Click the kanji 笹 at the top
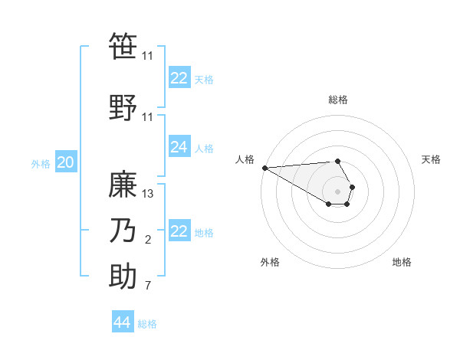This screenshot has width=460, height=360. [x=123, y=47]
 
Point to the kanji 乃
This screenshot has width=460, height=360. [x=123, y=231]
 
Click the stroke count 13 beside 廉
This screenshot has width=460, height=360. [x=149, y=194]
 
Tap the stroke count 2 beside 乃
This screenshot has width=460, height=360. [x=148, y=241]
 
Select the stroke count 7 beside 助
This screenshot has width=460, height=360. [x=148, y=286]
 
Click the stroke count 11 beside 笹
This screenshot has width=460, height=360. [x=148, y=56]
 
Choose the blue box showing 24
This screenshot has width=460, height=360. [x=179, y=147]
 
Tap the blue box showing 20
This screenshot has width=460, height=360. [x=65, y=162]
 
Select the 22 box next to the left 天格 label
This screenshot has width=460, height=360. [x=179, y=78]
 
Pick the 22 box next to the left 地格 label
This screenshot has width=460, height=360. [x=179, y=231]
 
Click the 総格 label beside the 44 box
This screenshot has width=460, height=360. [x=148, y=324]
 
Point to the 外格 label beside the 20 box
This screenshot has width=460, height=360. [x=41, y=163]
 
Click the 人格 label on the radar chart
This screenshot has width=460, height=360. [x=245, y=159]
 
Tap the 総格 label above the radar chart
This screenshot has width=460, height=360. [x=338, y=100]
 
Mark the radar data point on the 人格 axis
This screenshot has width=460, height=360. [x=264, y=168]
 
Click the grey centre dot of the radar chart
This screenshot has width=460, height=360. [x=337, y=191]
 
